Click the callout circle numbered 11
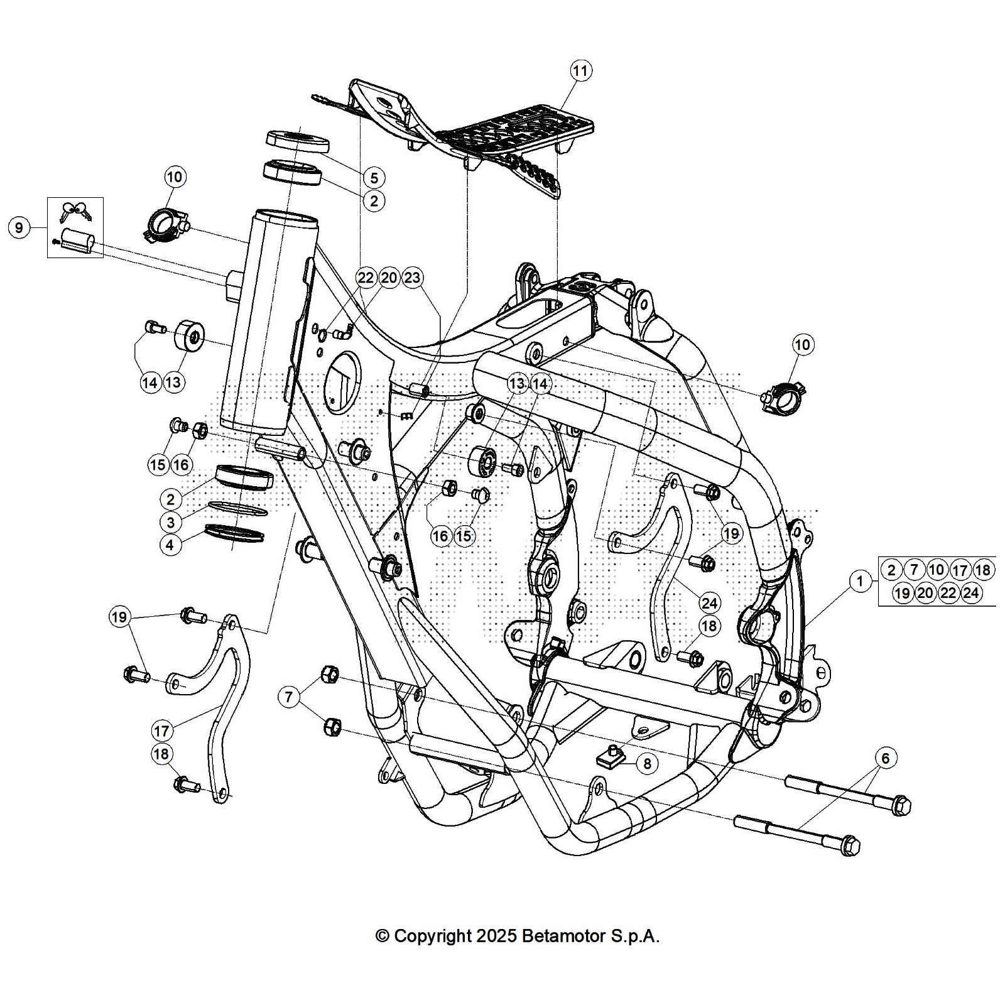click(580, 70)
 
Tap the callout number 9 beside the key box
click(19, 227)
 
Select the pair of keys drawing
click(74, 211)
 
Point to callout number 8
click(646, 763)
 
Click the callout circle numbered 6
click(885, 758)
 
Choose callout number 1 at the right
click(860, 582)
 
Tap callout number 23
click(412, 278)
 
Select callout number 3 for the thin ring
click(170, 521)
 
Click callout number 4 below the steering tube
click(170, 545)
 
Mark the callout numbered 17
click(162, 731)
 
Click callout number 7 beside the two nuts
click(288, 696)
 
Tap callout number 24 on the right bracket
click(709, 603)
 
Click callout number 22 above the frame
click(366, 278)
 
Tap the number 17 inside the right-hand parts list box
click(959, 570)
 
